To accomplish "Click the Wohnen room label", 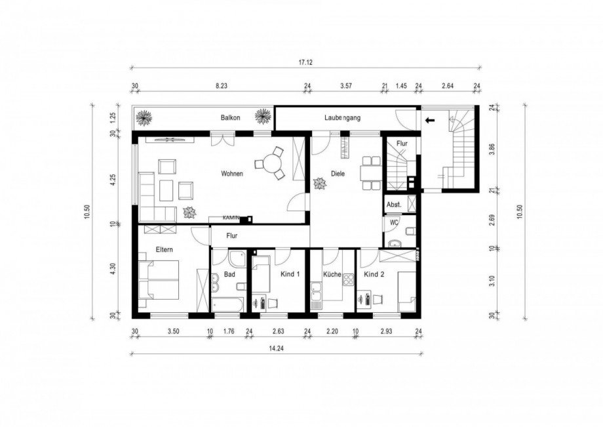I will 232,174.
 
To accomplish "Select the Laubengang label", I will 343,118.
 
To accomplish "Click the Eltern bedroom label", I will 164,250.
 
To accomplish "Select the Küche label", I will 332,275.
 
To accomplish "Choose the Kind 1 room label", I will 290,275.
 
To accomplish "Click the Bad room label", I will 229,275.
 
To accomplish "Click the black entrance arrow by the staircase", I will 430,120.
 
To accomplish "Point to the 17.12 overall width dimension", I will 305,63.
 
